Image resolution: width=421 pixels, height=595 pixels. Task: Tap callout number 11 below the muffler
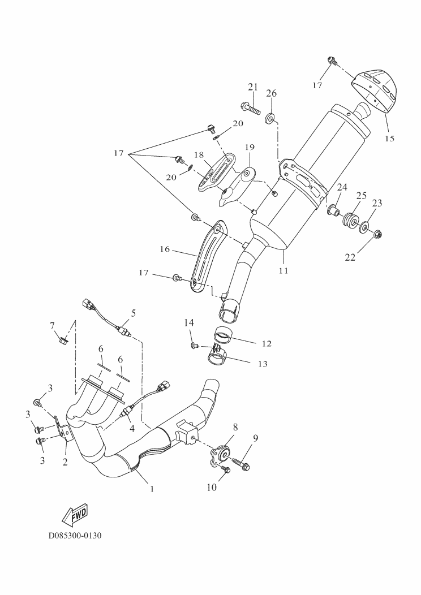pyautogui.click(x=283, y=270)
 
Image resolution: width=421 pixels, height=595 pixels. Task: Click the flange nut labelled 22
pyautogui.click(x=378, y=232)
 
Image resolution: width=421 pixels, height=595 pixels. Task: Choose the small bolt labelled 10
pyautogui.click(x=225, y=469)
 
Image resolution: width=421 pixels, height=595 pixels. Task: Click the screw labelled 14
pyautogui.click(x=194, y=343)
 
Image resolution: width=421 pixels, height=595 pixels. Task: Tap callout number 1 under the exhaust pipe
pyautogui.click(x=152, y=488)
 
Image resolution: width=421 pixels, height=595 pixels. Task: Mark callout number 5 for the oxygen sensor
pyautogui.click(x=134, y=312)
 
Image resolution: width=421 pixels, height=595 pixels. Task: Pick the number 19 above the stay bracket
pyautogui.click(x=250, y=148)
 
